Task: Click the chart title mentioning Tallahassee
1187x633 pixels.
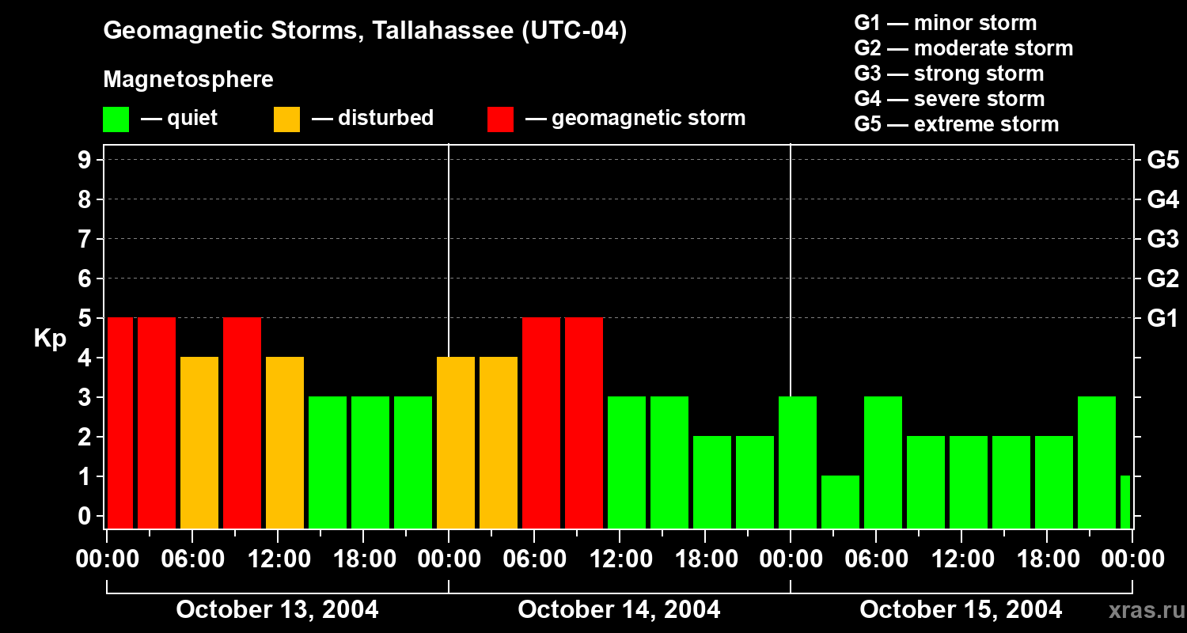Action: click(x=365, y=32)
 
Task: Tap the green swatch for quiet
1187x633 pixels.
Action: click(x=116, y=119)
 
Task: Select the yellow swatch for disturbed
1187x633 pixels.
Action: click(x=286, y=119)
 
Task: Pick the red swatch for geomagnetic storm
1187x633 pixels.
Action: click(x=500, y=119)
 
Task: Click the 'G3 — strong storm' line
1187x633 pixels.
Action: click(x=949, y=74)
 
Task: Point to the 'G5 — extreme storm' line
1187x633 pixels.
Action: click(x=956, y=124)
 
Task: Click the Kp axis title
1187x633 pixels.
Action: click(x=50, y=339)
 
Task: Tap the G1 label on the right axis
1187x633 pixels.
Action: click(x=1162, y=319)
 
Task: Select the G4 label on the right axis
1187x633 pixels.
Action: click(x=1162, y=200)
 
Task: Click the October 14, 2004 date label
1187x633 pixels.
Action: click(x=619, y=610)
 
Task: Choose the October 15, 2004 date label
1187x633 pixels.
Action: click(x=961, y=610)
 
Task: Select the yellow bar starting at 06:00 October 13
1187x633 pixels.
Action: click(x=199, y=443)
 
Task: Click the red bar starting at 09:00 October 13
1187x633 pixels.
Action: click(x=242, y=423)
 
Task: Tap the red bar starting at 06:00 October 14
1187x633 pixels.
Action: click(x=541, y=423)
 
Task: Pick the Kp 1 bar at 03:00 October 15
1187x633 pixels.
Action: click(x=840, y=502)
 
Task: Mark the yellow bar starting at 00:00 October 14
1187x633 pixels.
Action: click(x=456, y=443)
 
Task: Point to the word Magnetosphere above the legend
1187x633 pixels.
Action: click(x=188, y=80)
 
